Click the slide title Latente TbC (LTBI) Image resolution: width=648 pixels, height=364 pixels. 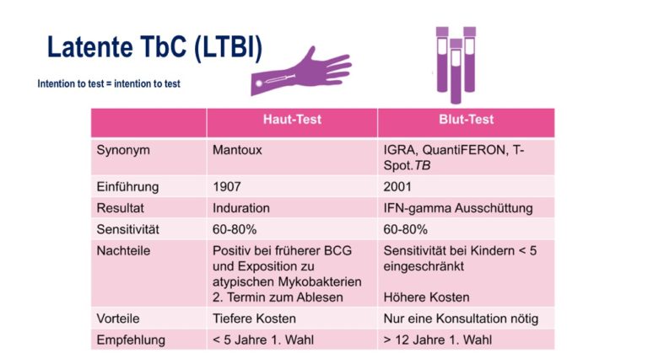(x=154, y=48)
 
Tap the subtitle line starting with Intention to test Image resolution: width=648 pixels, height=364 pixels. (x=109, y=83)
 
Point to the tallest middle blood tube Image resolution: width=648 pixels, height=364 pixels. (x=456, y=71)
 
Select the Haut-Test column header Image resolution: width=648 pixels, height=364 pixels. (x=292, y=120)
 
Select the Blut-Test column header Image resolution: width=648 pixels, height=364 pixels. (x=466, y=120)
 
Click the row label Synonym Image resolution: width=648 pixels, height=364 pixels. (x=123, y=150)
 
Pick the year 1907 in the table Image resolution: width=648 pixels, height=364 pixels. (x=226, y=187)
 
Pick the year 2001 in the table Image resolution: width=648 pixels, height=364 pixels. (x=397, y=187)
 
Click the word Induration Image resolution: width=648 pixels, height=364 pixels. (x=241, y=208)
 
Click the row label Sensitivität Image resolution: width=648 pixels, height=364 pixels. (x=127, y=229)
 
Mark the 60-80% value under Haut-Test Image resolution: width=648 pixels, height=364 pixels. (x=235, y=229)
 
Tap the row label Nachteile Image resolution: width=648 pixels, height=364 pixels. (x=123, y=251)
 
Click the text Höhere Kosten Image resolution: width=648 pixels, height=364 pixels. (x=426, y=297)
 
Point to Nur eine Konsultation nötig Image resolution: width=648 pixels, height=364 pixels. (x=461, y=318)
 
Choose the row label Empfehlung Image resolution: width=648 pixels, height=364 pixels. (x=131, y=340)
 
